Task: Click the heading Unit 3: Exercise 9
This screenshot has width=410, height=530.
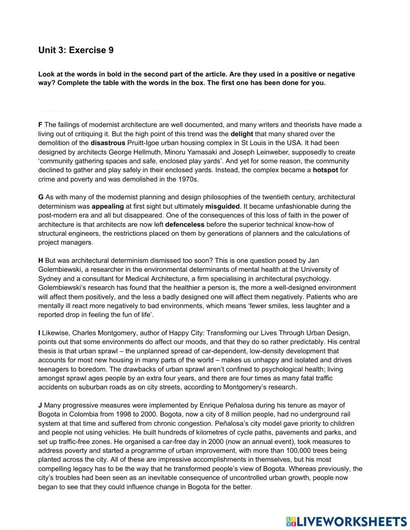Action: click(76, 50)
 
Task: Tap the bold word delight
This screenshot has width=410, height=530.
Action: click(241, 134)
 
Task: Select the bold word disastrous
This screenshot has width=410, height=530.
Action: click(108, 143)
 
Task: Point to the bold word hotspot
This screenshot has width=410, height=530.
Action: click(325, 170)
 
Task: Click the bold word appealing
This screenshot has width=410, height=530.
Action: click(107, 206)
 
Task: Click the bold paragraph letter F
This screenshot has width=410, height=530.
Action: click(40, 125)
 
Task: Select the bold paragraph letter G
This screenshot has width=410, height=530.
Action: click(41, 197)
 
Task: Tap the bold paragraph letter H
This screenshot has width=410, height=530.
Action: click(41, 260)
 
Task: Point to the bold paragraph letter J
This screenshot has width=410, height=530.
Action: click(40, 405)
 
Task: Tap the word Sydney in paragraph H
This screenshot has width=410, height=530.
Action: click(49, 278)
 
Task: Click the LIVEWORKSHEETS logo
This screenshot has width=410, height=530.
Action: click(346, 521)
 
